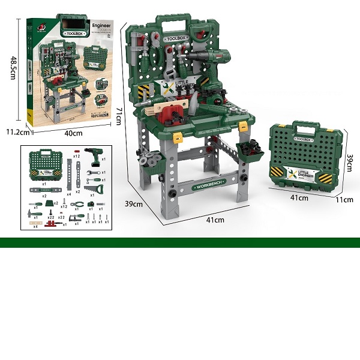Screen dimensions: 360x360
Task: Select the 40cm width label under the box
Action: tap(74, 133)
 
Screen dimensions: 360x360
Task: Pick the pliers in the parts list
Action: tap(77, 205)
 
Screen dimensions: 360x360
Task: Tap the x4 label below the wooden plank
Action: tap(35, 226)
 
